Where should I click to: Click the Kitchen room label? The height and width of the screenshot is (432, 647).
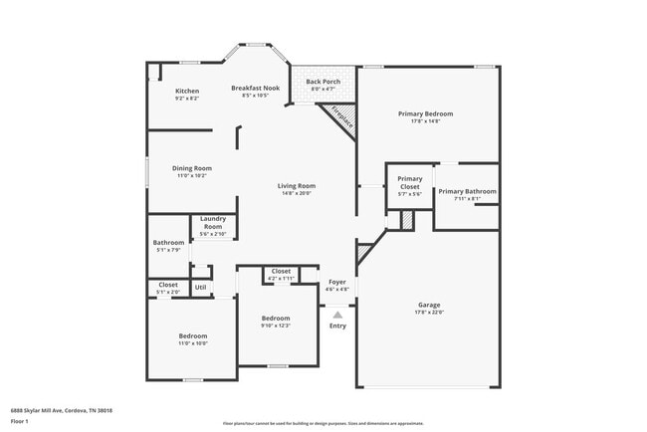click(187, 91)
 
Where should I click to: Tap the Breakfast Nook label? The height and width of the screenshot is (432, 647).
click(256, 88)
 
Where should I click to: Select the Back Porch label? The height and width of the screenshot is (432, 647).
click(323, 82)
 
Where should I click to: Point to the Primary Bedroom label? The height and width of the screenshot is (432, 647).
click(425, 113)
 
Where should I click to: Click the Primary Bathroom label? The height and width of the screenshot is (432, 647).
click(467, 191)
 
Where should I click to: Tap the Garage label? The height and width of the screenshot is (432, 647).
click(429, 305)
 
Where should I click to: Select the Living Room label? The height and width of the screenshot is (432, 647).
click(296, 185)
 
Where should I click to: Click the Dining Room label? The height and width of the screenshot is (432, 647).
click(192, 168)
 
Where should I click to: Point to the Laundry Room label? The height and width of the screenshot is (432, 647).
click(213, 222)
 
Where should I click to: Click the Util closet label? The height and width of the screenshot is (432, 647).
click(200, 287)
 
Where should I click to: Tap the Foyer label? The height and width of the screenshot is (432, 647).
click(337, 282)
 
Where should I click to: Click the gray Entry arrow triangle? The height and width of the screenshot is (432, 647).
click(337, 315)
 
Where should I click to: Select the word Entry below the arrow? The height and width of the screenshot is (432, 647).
click(337, 325)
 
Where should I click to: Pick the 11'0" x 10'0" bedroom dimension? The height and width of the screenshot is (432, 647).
click(192, 343)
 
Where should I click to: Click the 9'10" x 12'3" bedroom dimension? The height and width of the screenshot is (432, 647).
click(276, 324)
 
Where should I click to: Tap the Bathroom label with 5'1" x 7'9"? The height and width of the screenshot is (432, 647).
click(168, 243)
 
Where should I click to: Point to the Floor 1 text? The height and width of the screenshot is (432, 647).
click(20, 421)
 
